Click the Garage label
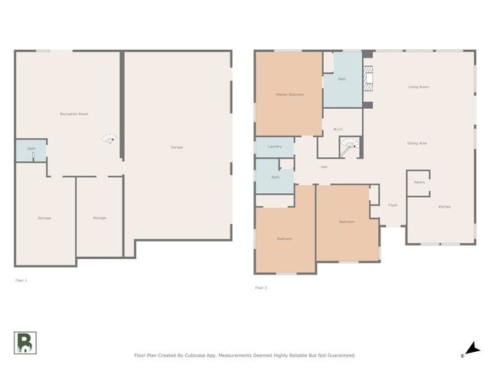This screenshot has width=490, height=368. [176, 146]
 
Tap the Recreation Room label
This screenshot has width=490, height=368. [73, 113]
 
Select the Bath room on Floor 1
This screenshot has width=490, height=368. [31, 150]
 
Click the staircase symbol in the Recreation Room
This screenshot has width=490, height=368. [109, 139]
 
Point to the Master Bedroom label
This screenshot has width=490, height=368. [289, 94]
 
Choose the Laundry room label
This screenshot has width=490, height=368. [275, 146]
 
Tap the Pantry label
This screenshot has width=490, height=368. [419, 182]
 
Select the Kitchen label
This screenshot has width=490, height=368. [444, 207]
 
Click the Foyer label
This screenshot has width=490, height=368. [392, 205]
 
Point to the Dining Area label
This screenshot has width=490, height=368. [417, 143]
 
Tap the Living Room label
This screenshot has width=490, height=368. [418, 87]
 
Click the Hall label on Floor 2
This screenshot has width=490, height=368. [324, 166]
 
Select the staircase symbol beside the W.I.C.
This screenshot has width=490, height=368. [349, 145]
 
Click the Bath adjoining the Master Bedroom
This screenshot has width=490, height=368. [341, 78]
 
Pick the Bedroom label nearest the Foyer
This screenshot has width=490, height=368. [347, 222]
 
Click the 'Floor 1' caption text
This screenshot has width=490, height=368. [21, 281]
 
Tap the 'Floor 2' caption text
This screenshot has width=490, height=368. [260, 287]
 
